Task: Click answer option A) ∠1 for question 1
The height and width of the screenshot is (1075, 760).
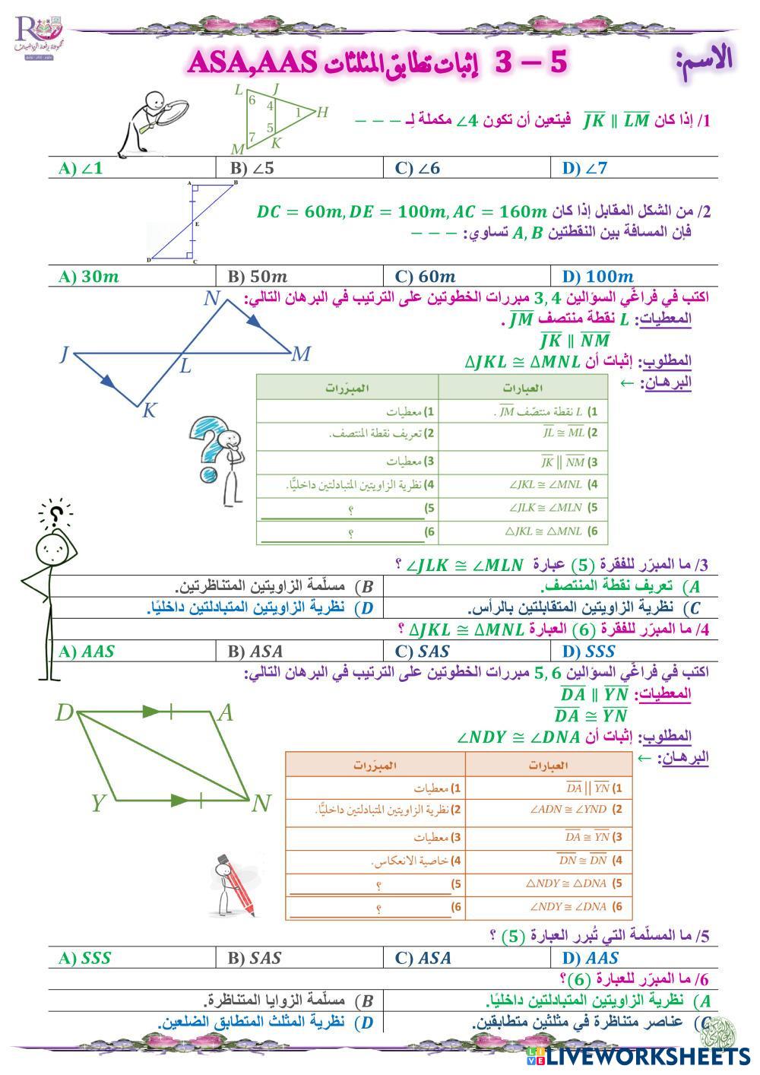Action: pyautogui.click(x=81, y=168)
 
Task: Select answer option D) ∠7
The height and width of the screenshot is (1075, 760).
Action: pyautogui.click(x=585, y=168)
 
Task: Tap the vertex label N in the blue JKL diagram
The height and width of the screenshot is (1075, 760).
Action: pyautogui.click(x=211, y=298)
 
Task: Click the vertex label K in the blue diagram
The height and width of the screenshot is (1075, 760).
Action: pyautogui.click(x=149, y=411)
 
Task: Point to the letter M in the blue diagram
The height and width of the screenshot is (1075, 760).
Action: pyautogui.click(x=301, y=354)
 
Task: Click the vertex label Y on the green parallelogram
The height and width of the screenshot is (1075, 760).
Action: pyautogui.click(x=98, y=803)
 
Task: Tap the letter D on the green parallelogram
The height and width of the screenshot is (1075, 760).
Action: pyautogui.click(x=65, y=713)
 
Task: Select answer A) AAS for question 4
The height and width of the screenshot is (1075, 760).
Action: pyautogui.click(x=86, y=652)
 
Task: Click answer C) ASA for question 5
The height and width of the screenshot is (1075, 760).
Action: pyautogui.click(x=423, y=959)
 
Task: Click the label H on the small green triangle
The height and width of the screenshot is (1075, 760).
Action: pyautogui.click(x=322, y=113)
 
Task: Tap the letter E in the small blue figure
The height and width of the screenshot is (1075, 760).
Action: pyautogui.click(x=196, y=224)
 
